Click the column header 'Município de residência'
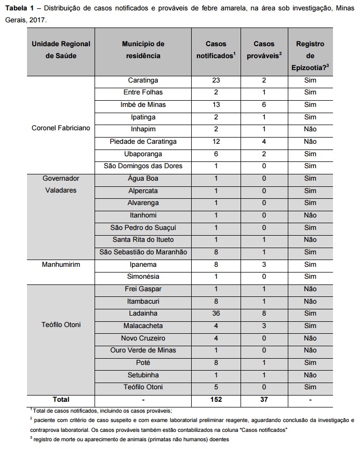pyautogui.click(x=143, y=50)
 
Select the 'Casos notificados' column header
pyautogui.click(x=216, y=50)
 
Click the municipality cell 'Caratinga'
pyautogui.click(x=143, y=80)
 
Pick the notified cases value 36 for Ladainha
pyautogui.click(x=216, y=314)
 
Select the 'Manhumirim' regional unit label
pyautogui.click(x=60, y=264)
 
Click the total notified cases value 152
pyautogui.click(x=216, y=400)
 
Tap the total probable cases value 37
pyautogui.click(x=264, y=400)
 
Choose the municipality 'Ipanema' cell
pyautogui.click(x=143, y=264)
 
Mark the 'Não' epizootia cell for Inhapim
pyautogui.click(x=310, y=129)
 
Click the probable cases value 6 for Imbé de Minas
pyautogui.click(x=264, y=105)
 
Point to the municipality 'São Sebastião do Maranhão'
pyautogui.click(x=143, y=252)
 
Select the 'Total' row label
pyautogui.click(x=60, y=400)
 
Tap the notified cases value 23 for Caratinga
pyautogui.click(x=216, y=80)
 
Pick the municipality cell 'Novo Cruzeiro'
pyautogui.click(x=143, y=338)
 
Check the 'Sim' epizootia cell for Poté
pyautogui.click(x=310, y=362)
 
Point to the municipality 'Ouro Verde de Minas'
pyautogui.click(x=143, y=350)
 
